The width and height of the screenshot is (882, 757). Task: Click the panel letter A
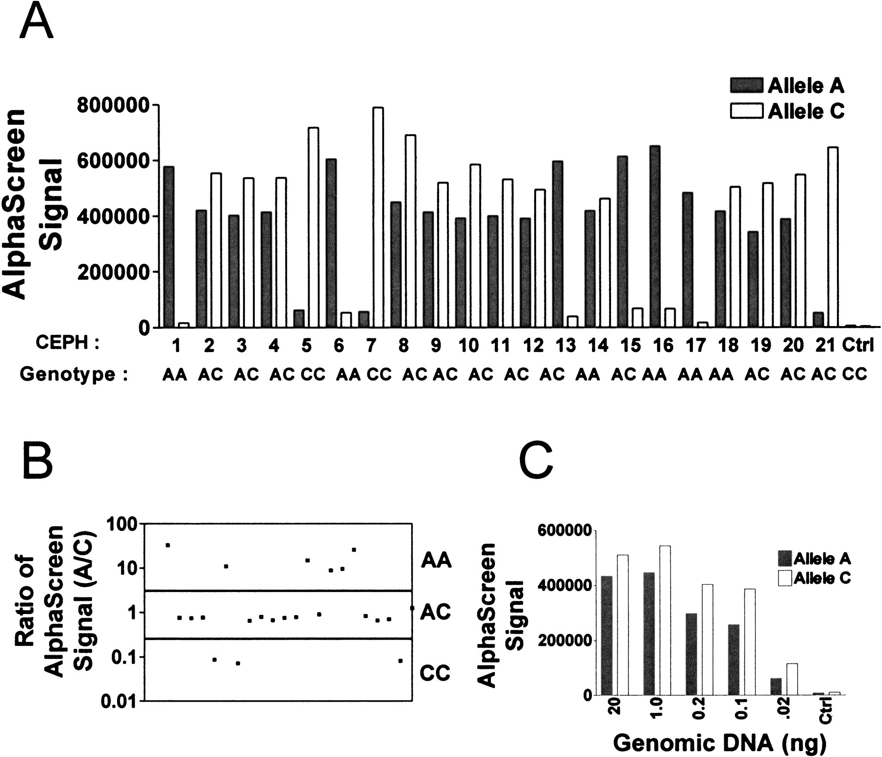[x=36, y=21]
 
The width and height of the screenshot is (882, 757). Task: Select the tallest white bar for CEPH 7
[x=378, y=217]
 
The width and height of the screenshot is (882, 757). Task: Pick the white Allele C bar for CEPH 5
[x=313, y=227]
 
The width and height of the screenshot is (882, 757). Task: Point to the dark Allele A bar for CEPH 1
[x=170, y=247]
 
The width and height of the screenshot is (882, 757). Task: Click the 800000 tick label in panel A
[x=116, y=105]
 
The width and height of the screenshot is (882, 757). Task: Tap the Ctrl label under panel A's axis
[x=858, y=346]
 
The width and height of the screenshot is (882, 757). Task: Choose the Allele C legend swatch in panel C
[x=785, y=579]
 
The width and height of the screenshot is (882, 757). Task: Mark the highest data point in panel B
[x=168, y=545]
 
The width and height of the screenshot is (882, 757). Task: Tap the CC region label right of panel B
[x=435, y=674]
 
